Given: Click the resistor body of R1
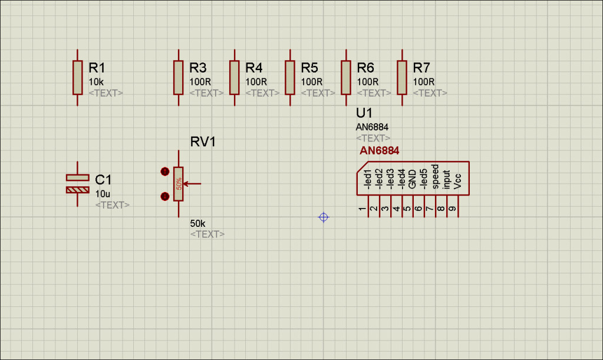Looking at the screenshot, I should click(x=78, y=77).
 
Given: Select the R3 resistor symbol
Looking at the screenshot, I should click(x=179, y=77).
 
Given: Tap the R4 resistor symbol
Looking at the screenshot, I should click(x=234, y=77).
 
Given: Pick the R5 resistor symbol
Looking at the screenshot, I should click(x=289, y=77).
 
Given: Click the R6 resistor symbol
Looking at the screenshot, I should click(x=346, y=77).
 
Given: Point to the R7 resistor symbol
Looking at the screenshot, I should click(x=402, y=77).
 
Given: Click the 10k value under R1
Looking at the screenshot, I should click(x=97, y=81).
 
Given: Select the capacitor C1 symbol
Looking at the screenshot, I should click(x=78, y=183).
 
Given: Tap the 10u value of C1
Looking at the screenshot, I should click(x=103, y=194).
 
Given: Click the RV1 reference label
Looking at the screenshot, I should click(x=203, y=142).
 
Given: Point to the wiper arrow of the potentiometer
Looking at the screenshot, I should click(x=192, y=184).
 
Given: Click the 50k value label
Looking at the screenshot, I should click(x=197, y=224).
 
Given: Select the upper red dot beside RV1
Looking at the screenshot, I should click(x=165, y=171).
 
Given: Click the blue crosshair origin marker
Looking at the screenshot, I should click(x=323, y=217).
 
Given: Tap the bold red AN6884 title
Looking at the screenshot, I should click(x=380, y=151).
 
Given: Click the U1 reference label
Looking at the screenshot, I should click(x=364, y=113).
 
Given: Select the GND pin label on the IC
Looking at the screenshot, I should click(x=413, y=179).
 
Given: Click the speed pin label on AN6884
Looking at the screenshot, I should click(x=435, y=176).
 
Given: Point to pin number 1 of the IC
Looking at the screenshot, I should click(x=362, y=209).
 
